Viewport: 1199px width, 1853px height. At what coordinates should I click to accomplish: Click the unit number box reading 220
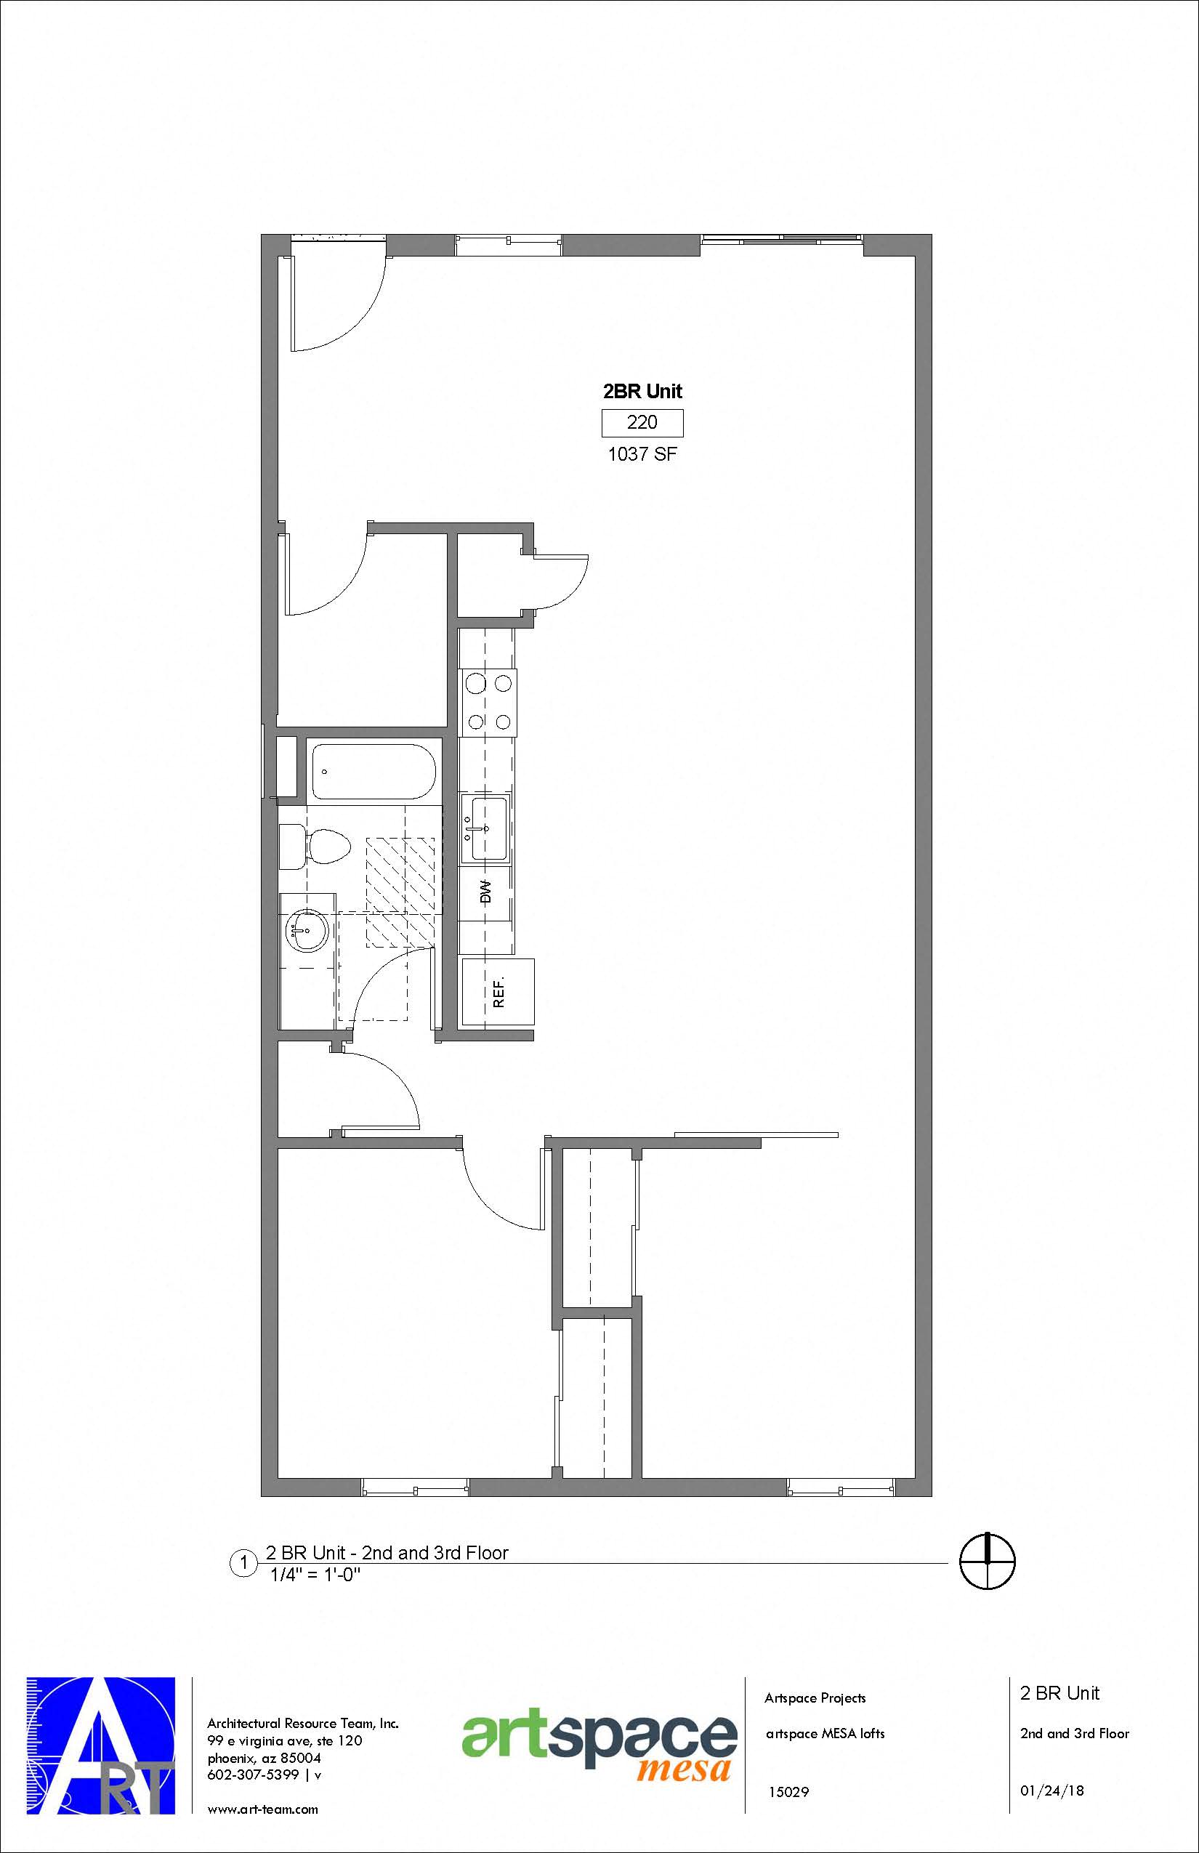pos(642,423)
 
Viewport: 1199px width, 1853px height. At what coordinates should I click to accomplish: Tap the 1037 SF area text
pos(642,454)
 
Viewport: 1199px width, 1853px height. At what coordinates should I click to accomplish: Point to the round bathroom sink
pos(307,929)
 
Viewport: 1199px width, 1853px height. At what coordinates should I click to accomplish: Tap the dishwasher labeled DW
pos(487,892)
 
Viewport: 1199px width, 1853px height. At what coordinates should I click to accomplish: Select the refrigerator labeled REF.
pos(498,992)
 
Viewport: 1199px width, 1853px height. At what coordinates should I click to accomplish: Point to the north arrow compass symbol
pos(988,1561)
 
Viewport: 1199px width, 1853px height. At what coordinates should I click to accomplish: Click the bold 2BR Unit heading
pos(642,391)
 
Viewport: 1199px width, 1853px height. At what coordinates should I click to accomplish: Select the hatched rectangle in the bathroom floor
pos(400,891)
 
